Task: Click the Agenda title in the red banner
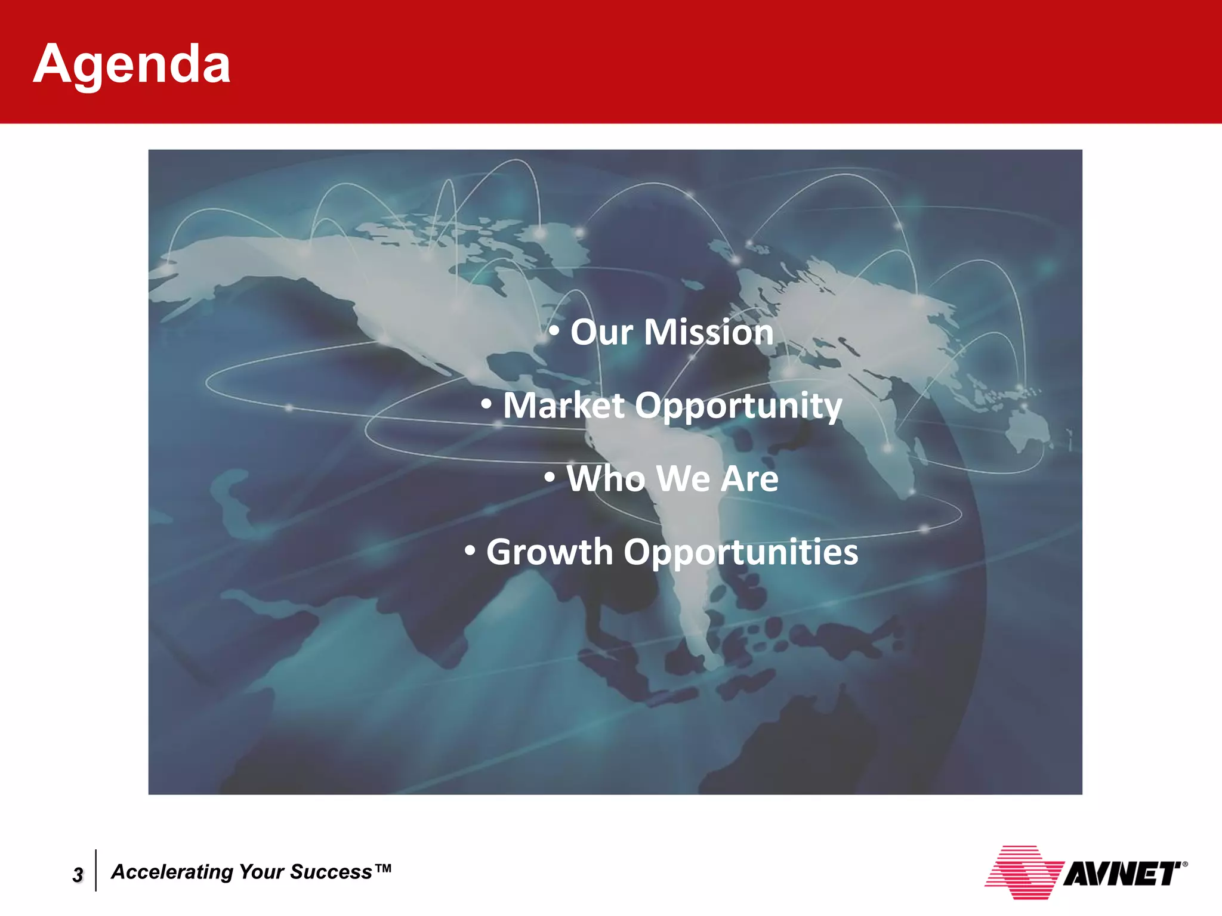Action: pos(131,64)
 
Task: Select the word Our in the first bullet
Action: pos(601,332)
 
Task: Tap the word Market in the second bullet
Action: pos(563,406)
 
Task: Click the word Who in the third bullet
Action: pos(606,479)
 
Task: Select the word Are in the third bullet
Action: pos(749,479)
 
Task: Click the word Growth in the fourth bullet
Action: pos(550,552)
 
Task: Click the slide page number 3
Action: pos(78,875)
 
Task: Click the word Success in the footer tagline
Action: pos(331,872)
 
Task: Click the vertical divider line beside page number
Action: pos(96,871)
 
